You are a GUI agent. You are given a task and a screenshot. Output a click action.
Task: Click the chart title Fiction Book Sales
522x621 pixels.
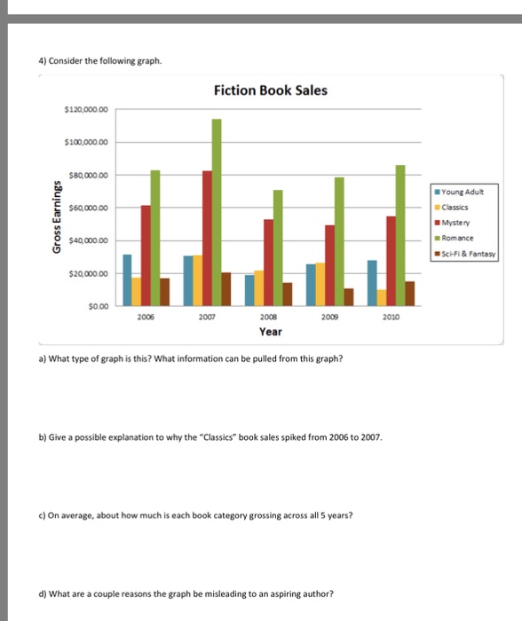[270, 90]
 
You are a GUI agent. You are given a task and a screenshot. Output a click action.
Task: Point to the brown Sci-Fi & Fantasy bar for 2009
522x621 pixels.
[349, 295]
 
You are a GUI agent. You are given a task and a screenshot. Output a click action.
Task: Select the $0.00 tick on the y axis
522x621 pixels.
[97, 306]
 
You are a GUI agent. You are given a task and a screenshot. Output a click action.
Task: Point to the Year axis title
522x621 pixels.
[270, 332]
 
